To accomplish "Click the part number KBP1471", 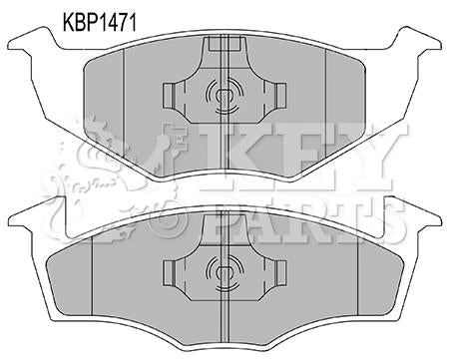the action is point(100,23).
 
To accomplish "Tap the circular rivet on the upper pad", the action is point(224,96).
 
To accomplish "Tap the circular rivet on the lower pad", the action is point(224,272).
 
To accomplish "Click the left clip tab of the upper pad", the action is point(169,96).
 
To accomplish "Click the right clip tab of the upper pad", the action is point(280,96).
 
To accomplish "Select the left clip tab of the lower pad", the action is point(169,272).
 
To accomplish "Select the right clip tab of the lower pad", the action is point(280,272).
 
